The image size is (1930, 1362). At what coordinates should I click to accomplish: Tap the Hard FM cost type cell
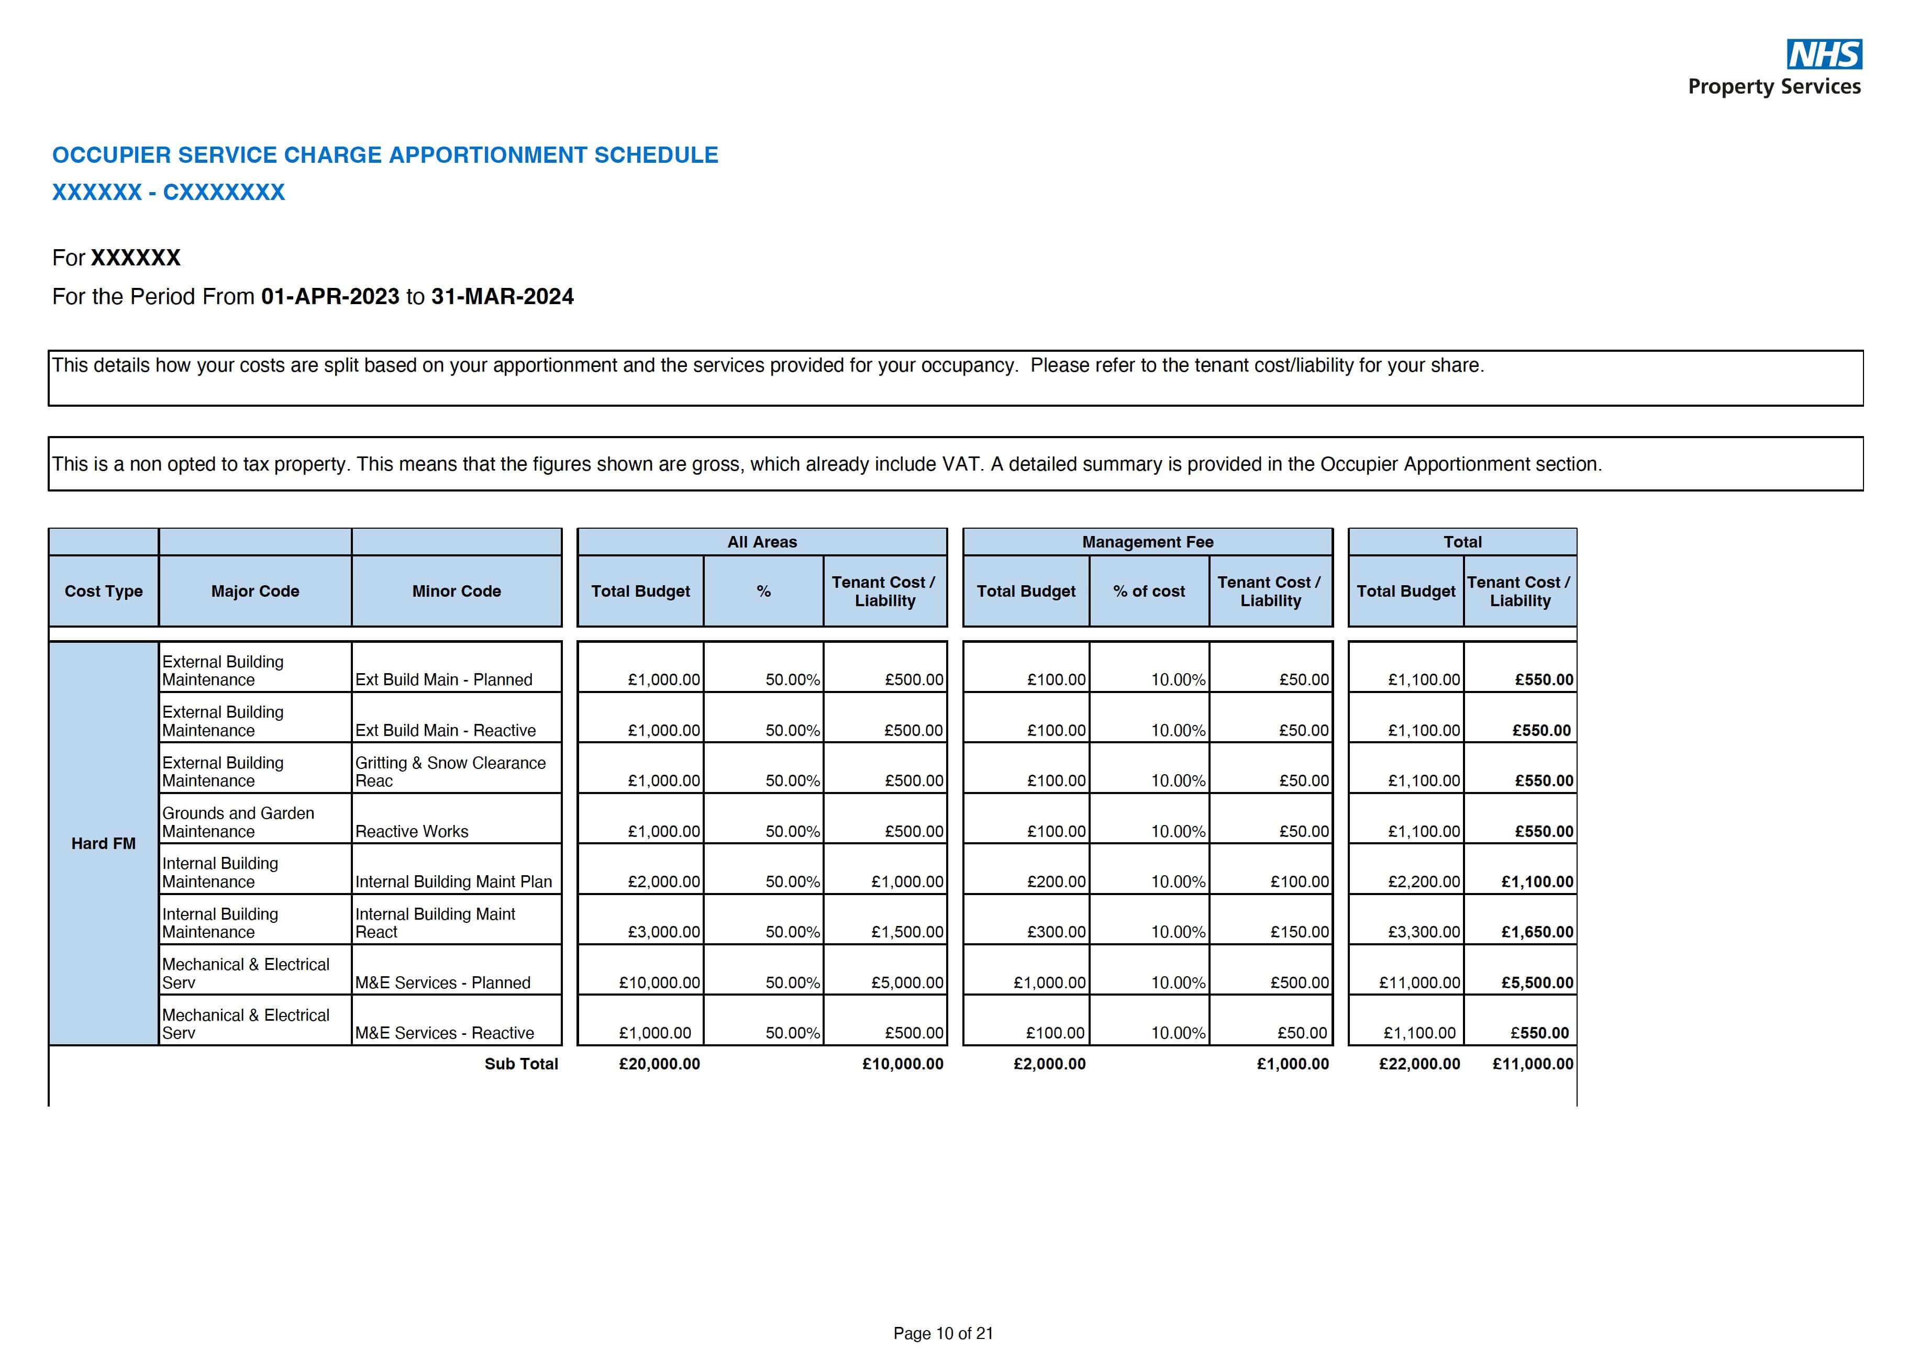click(103, 844)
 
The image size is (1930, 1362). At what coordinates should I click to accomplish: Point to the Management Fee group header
click(1147, 542)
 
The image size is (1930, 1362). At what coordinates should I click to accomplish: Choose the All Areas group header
click(761, 542)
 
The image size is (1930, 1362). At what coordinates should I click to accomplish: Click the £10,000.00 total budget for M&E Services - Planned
click(659, 982)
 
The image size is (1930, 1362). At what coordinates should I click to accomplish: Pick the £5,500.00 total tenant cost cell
click(1537, 982)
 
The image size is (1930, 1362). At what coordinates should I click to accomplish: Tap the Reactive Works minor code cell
click(412, 831)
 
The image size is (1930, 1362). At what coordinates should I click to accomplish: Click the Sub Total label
click(521, 1064)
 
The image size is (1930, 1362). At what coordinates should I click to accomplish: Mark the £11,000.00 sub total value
click(1533, 1064)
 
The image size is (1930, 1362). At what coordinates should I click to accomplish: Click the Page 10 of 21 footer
click(943, 1333)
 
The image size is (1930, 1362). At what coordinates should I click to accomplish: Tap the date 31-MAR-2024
click(502, 297)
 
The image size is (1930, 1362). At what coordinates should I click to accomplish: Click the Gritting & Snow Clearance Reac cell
click(450, 772)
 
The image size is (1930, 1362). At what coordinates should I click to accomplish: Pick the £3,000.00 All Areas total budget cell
click(663, 932)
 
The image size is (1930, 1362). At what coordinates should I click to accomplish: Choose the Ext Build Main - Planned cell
click(444, 680)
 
